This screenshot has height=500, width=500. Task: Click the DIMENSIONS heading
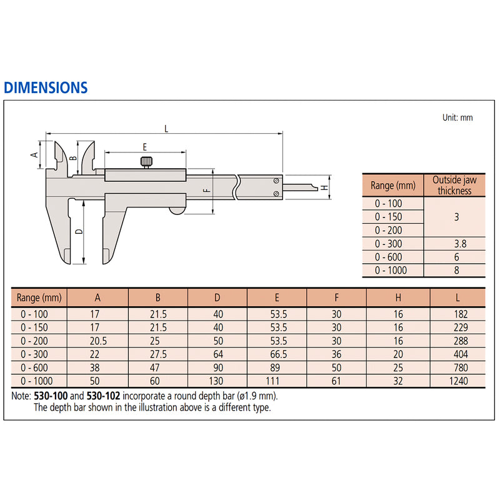46,87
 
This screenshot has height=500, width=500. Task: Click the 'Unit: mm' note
457,117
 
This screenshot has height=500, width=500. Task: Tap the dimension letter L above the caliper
166,128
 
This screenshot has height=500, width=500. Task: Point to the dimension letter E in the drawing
144,147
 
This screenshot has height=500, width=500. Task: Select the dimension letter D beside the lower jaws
77,231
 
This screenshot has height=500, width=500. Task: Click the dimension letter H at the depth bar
324,187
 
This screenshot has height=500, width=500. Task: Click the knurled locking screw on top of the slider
146,163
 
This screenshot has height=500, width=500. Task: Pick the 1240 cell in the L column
457,381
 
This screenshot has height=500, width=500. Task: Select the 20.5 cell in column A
97,341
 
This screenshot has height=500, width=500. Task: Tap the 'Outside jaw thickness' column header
454,185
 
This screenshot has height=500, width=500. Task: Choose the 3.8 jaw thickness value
454,244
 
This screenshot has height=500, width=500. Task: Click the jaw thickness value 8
454,271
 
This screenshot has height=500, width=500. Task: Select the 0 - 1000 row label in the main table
38,381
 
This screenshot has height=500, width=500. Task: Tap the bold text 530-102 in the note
103,396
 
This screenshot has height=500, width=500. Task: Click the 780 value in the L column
457,367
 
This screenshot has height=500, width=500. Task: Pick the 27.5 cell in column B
158,354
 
